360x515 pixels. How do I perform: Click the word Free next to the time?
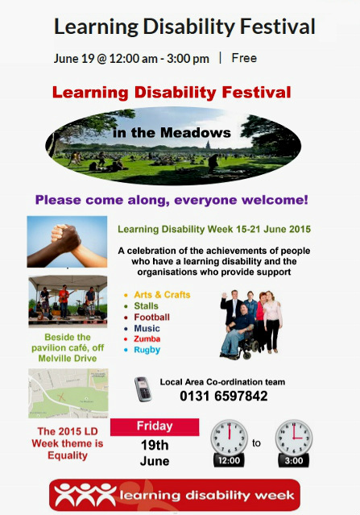[244, 58]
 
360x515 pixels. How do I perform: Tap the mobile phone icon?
[143, 389]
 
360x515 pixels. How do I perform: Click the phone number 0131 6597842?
[223, 396]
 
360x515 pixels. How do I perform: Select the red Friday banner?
[155, 427]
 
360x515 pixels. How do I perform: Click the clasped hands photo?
[67, 242]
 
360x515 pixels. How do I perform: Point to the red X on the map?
[61, 397]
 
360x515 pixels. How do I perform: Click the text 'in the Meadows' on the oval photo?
[172, 133]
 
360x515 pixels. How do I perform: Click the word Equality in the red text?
[68, 455]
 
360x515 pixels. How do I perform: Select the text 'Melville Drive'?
[68, 358]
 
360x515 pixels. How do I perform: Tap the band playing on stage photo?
[68, 301]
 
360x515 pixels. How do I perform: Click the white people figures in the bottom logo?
[85, 495]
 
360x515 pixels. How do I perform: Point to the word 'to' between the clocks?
[256, 443]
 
